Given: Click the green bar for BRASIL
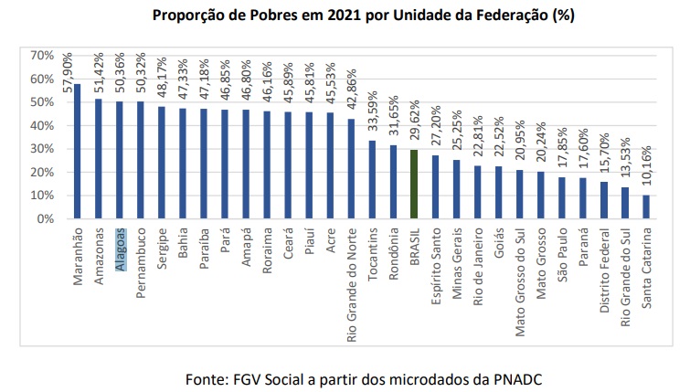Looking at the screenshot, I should pos(414,185).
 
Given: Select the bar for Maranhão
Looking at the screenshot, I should pos(79,152).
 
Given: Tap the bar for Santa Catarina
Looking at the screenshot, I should pos(646,207).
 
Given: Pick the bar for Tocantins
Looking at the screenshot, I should pos(372,180).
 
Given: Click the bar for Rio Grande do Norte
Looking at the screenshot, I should pos(351,169).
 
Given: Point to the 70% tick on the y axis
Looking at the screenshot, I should pos(43,56).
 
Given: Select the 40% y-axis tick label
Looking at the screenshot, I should pos(43,126).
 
